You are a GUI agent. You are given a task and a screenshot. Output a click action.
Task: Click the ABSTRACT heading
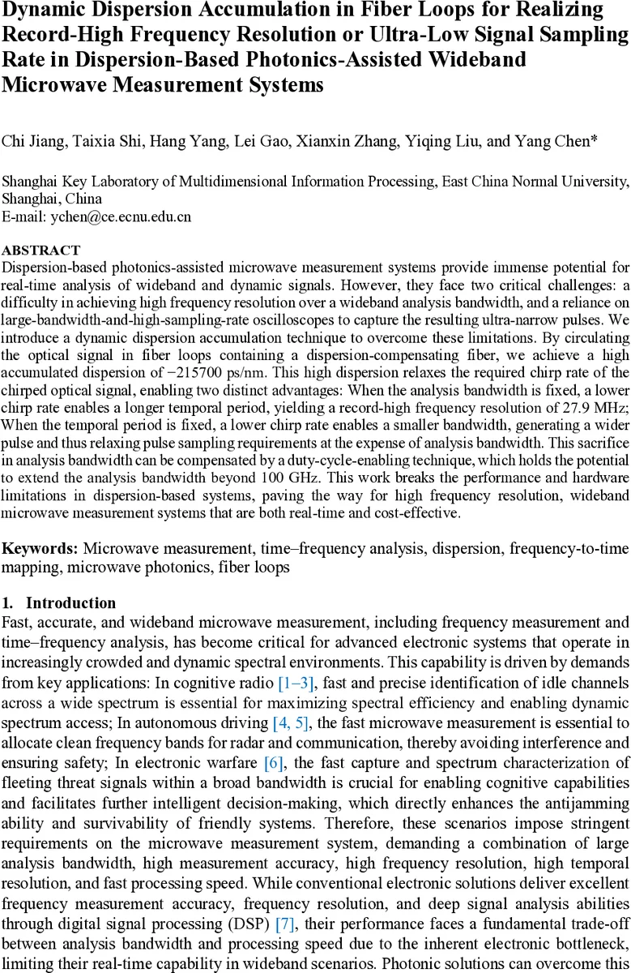click(x=41, y=251)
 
